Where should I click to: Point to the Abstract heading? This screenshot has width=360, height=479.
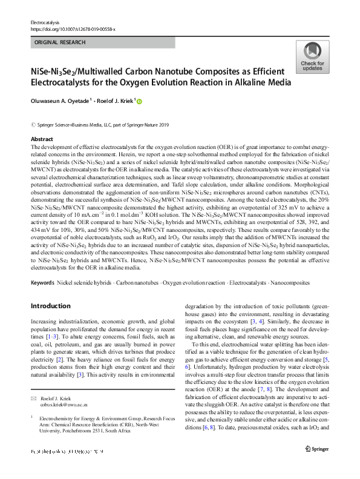coord(42,139)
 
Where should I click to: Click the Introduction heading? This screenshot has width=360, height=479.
coord(54,306)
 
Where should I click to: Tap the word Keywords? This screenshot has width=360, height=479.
coord(42,283)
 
